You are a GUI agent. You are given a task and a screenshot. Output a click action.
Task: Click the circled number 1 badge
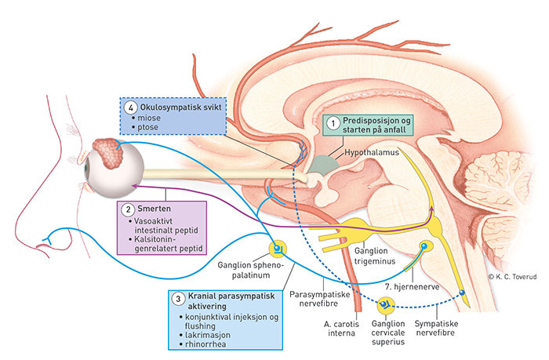[x=333, y=124]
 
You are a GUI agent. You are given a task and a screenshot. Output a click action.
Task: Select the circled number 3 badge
[x=179, y=299]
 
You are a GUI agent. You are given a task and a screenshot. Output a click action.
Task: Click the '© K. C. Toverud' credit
[x=518, y=277]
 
